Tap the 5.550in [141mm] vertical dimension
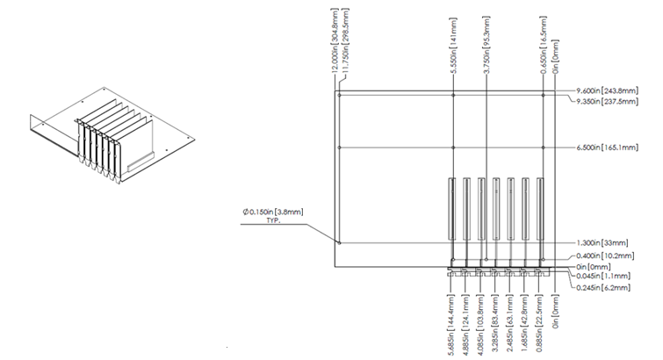(x=452, y=40)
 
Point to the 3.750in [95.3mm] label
(x=486, y=40)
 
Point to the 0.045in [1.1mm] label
(x=604, y=276)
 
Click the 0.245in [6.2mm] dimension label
(x=604, y=286)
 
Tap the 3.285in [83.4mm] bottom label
(x=495, y=324)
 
